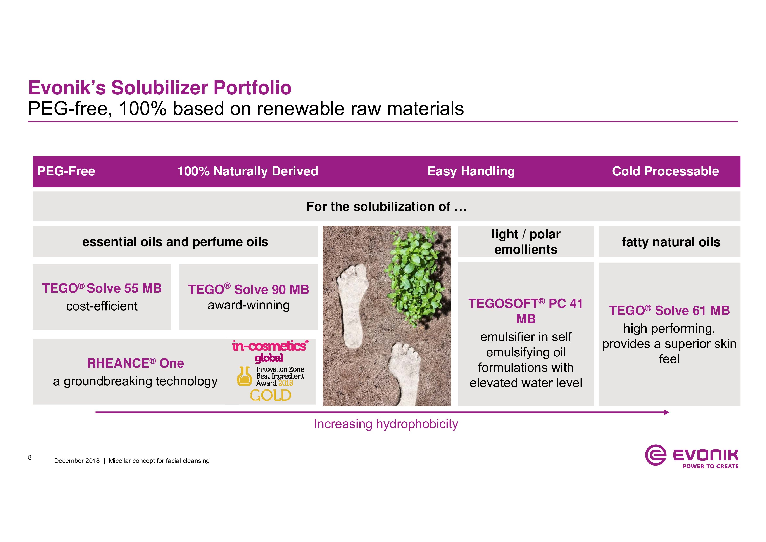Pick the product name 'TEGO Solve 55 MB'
pyautogui.click(x=102, y=288)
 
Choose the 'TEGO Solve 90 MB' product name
pyautogui.click(x=248, y=289)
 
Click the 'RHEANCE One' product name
pyautogui.click(x=135, y=363)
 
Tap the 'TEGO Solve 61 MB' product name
pyautogui.click(x=669, y=311)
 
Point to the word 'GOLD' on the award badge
pyautogui.click(x=271, y=395)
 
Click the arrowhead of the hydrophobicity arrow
pyautogui.click(x=667, y=412)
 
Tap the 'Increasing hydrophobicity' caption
pyautogui.click(x=386, y=424)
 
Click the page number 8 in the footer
pyautogui.click(x=30, y=457)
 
